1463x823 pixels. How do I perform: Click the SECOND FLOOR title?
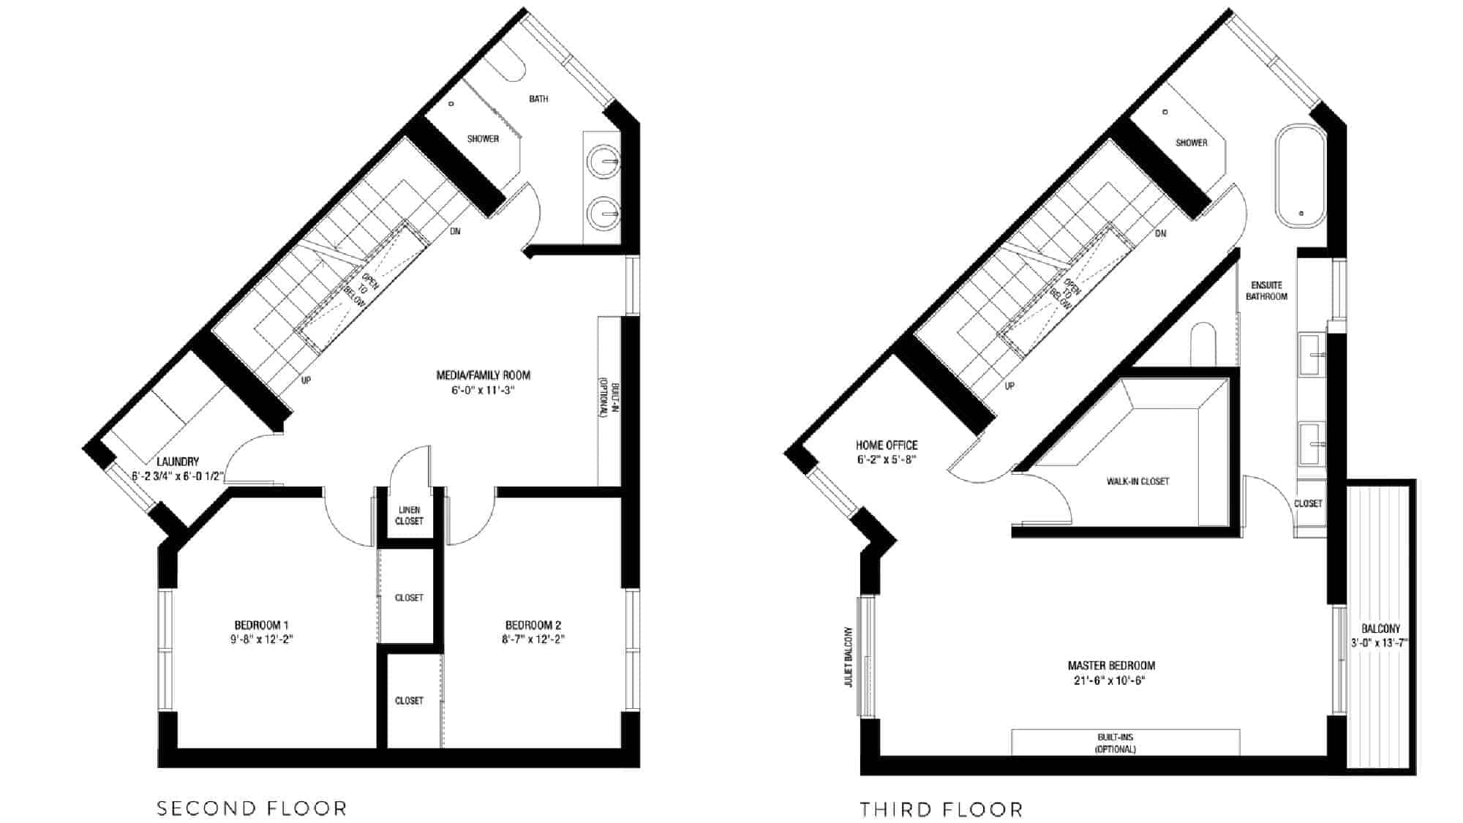click(x=252, y=808)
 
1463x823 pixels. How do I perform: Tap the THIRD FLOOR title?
click(x=941, y=810)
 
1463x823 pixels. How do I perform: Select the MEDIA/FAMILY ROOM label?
click(x=484, y=375)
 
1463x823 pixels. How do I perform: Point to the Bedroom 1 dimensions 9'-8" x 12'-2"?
click(x=262, y=639)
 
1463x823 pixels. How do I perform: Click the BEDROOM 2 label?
click(x=533, y=625)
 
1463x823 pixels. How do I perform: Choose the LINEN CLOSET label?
click(x=409, y=516)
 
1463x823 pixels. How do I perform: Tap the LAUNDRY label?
click(x=178, y=462)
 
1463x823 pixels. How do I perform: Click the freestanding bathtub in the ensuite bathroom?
click(x=1301, y=176)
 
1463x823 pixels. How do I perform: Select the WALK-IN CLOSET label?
click(x=1137, y=481)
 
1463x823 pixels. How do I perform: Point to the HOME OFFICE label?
click(x=887, y=445)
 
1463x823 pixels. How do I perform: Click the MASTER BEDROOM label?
click(x=1111, y=666)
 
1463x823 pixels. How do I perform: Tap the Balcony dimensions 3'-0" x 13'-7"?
click(x=1380, y=644)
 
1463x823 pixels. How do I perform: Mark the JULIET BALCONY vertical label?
click(x=849, y=656)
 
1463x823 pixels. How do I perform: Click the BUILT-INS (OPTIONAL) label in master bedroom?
click(x=1116, y=743)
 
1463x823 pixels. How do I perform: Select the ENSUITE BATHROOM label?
click(x=1267, y=290)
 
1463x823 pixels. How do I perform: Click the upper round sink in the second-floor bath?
click(x=604, y=161)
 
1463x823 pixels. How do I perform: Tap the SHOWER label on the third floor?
click(x=1192, y=143)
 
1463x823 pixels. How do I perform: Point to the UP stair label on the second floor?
click(x=306, y=380)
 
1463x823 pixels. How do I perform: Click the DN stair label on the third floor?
click(x=1161, y=234)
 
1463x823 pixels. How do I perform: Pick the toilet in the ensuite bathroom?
click(x=1203, y=344)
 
